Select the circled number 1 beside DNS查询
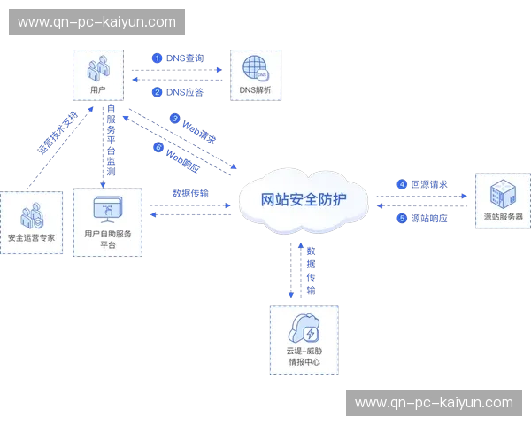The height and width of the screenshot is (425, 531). point(158,58)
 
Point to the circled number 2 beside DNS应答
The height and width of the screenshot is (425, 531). point(158,91)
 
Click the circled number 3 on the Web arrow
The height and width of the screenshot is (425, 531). point(175,118)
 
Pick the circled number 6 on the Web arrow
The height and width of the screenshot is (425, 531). point(160,148)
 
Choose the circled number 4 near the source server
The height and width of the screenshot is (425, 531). point(402,184)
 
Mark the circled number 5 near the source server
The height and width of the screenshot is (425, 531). point(402,217)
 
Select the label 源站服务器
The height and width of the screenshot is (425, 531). point(503,217)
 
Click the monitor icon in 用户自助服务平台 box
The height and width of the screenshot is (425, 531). point(107,208)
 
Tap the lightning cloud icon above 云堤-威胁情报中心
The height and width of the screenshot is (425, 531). point(306,330)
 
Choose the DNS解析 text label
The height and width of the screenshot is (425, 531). point(255,90)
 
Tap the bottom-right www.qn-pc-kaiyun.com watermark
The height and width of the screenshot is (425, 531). point(434,403)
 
